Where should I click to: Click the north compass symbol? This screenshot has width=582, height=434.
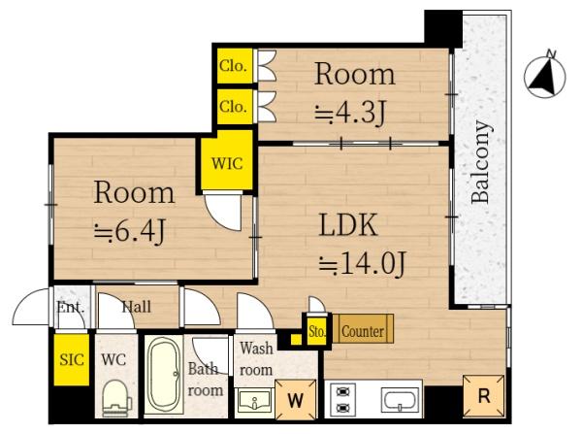coord(544,76)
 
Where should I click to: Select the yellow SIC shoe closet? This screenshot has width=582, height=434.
coord(72,359)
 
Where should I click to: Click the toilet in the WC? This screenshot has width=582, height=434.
coord(116,398)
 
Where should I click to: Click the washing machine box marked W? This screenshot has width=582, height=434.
coord(296,400)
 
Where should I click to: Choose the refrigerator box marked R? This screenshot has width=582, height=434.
coord(484,396)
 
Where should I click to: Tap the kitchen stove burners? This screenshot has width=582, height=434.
coord(342,399)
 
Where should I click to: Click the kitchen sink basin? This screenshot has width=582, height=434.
coord(400,400)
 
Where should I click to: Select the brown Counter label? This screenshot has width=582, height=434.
coord(363,331)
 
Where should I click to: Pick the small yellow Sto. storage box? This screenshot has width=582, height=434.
coord(316,331)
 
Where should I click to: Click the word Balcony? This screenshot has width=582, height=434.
coord(481,162)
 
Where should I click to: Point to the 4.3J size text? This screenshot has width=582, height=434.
coord(349,113)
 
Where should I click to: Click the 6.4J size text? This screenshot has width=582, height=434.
coord(129,231)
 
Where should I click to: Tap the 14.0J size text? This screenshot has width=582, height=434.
coord(363,263)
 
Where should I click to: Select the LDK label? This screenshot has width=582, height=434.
coord(348,225)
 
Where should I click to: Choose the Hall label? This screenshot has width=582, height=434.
coord(137,307)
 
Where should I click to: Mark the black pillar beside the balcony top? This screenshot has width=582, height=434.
coord(443,28)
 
